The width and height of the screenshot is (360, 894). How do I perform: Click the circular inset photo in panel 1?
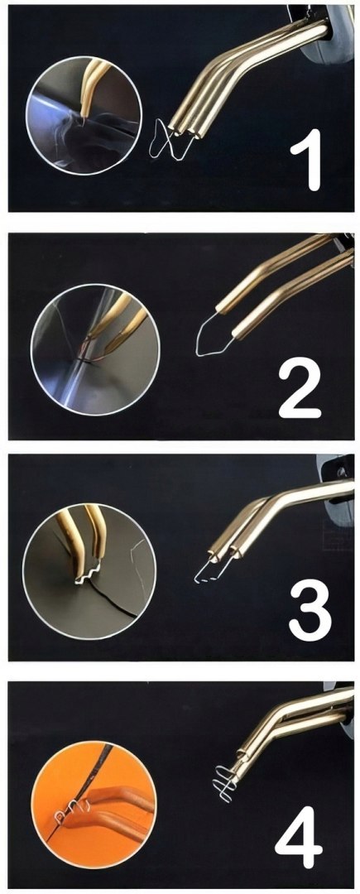pos(84,115)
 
